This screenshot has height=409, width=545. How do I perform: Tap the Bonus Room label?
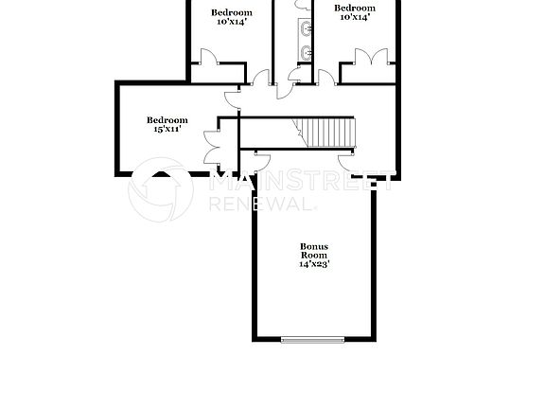point(314,251)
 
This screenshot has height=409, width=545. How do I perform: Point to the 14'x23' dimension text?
point(314,265)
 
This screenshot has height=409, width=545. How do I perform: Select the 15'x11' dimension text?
point(167,130)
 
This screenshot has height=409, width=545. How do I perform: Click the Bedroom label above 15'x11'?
point(167,120)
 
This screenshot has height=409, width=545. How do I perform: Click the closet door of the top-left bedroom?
point(209,58)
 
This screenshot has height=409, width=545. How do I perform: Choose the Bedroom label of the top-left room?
point(231,12)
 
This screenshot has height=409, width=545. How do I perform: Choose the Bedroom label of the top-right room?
point(356,8)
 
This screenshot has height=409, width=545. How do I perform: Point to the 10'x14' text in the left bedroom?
point(231,23)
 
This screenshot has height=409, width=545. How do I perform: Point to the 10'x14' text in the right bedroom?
point(354,17)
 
